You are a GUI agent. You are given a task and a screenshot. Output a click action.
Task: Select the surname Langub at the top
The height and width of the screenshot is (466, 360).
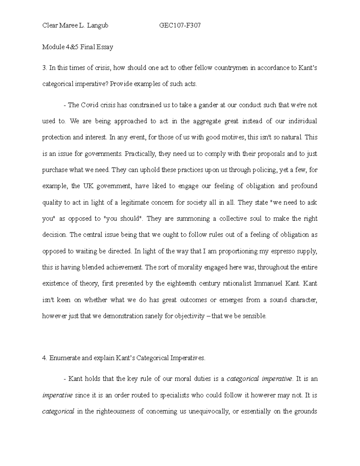pyautogui.click(x=97, y=26)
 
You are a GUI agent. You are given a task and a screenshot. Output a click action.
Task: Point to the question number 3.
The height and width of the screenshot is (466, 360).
pyautogui.click(x=44, y=68)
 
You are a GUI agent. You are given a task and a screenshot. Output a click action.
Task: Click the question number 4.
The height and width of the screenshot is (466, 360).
pyautogui.click(x=44, y=358)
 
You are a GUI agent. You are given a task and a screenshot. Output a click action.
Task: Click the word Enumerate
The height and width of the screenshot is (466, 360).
pyautogui.click(x=63, y=358)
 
